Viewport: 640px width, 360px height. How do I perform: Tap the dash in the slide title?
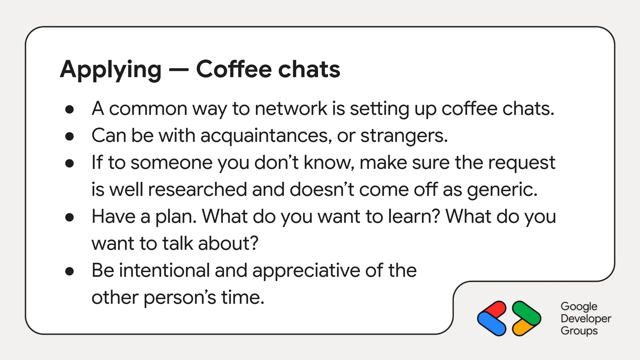(178, 70)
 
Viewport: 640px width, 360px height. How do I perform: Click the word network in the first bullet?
(291, 109)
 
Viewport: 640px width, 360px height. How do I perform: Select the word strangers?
(404, 136)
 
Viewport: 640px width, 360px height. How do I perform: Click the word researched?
(197, 190)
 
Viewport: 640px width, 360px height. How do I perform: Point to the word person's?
(180, 297)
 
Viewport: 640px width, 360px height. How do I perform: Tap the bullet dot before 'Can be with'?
(69, 137)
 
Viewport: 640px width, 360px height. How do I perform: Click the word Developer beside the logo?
(586, 318)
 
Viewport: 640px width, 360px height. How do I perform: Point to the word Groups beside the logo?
(579, 331)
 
